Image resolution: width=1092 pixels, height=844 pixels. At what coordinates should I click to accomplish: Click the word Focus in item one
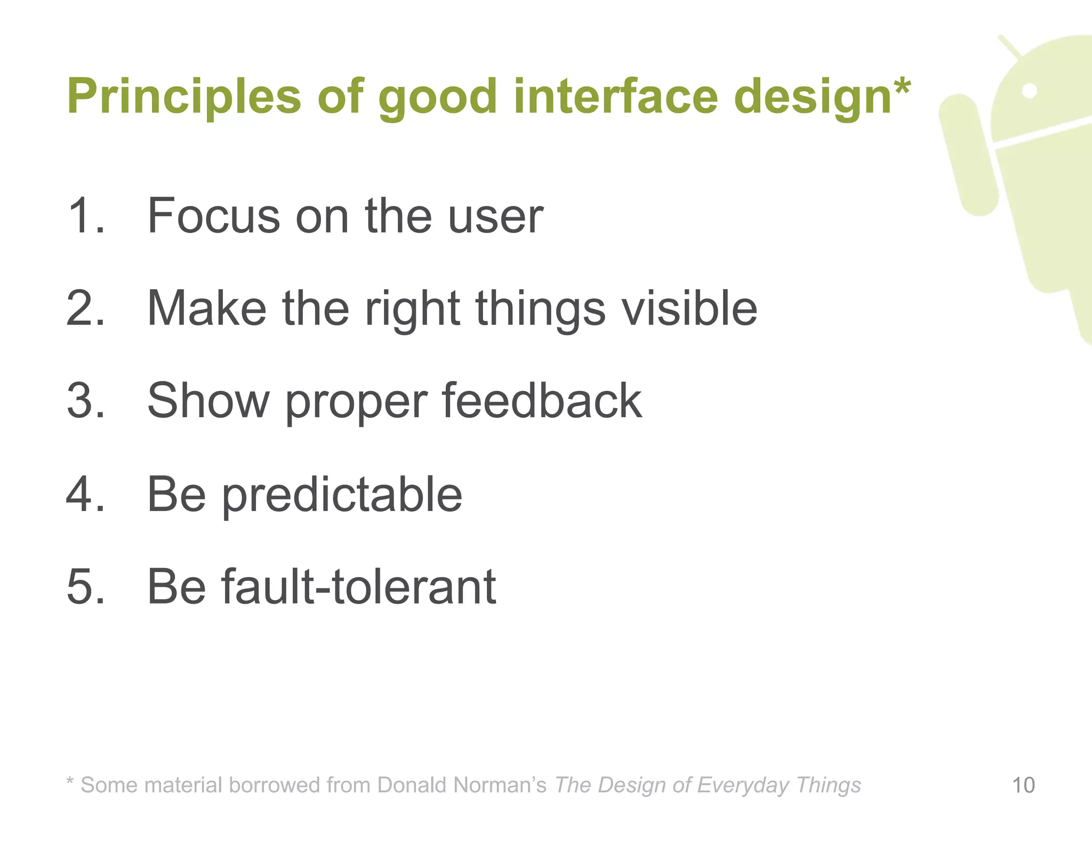[x=213, y=216]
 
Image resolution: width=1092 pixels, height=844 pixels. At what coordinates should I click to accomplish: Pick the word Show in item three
[x=208, y=401]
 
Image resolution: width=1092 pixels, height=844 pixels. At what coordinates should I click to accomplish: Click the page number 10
[x=1023, y=785]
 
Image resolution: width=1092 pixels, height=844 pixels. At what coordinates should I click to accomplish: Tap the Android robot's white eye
[x=1030, y=91]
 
